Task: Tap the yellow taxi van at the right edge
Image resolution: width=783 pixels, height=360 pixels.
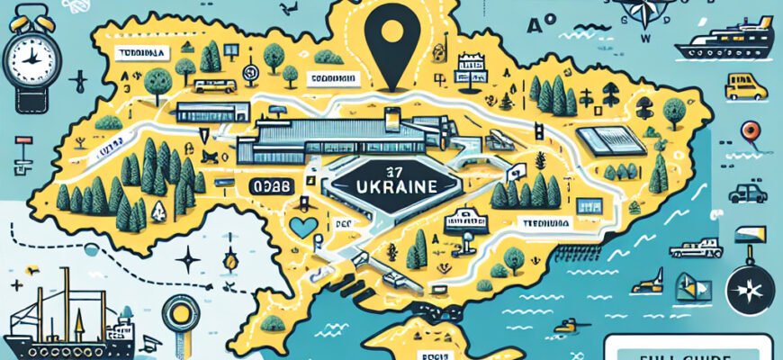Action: [745, 87]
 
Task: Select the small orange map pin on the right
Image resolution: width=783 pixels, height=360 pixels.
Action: [750, 133]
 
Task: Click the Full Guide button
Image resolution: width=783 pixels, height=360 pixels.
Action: [688, 349]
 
